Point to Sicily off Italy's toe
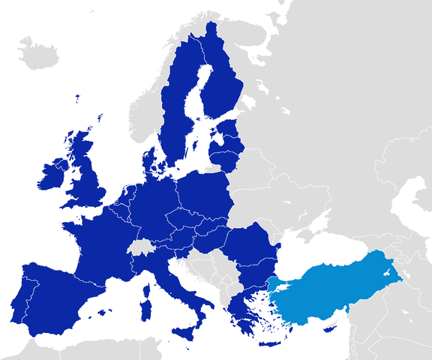coord(187,331)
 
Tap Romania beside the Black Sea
coord(251,247)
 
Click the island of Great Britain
coord(90,180)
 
